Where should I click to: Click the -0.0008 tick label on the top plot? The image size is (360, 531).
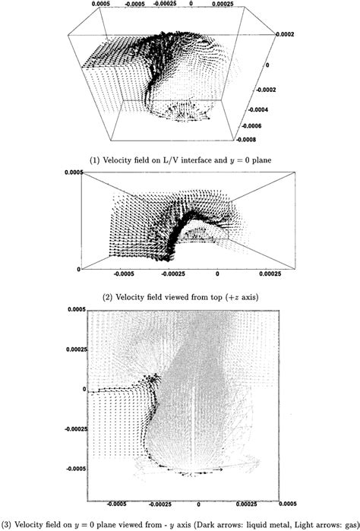(267, 139)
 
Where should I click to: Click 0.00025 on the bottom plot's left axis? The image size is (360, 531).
(74, 350)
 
